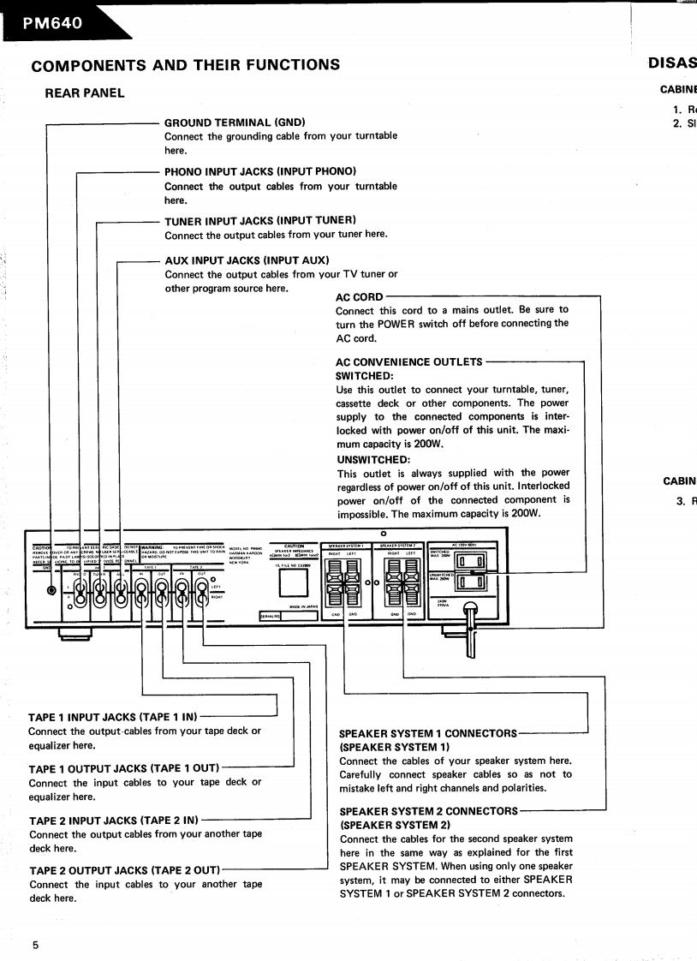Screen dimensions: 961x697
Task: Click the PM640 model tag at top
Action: click(53, 23)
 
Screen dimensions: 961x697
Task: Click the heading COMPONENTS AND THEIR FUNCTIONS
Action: click(185, 65)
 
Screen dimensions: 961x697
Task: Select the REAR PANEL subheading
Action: click(85, 93)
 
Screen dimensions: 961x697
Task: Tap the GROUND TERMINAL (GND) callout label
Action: click(235, 122)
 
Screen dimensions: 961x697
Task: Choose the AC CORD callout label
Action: click(359, 297)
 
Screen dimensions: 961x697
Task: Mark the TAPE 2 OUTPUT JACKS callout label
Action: click(124, 870)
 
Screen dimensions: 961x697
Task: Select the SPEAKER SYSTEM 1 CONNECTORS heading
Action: click(428, 734)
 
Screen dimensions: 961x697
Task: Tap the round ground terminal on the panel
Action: click(53, 590)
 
